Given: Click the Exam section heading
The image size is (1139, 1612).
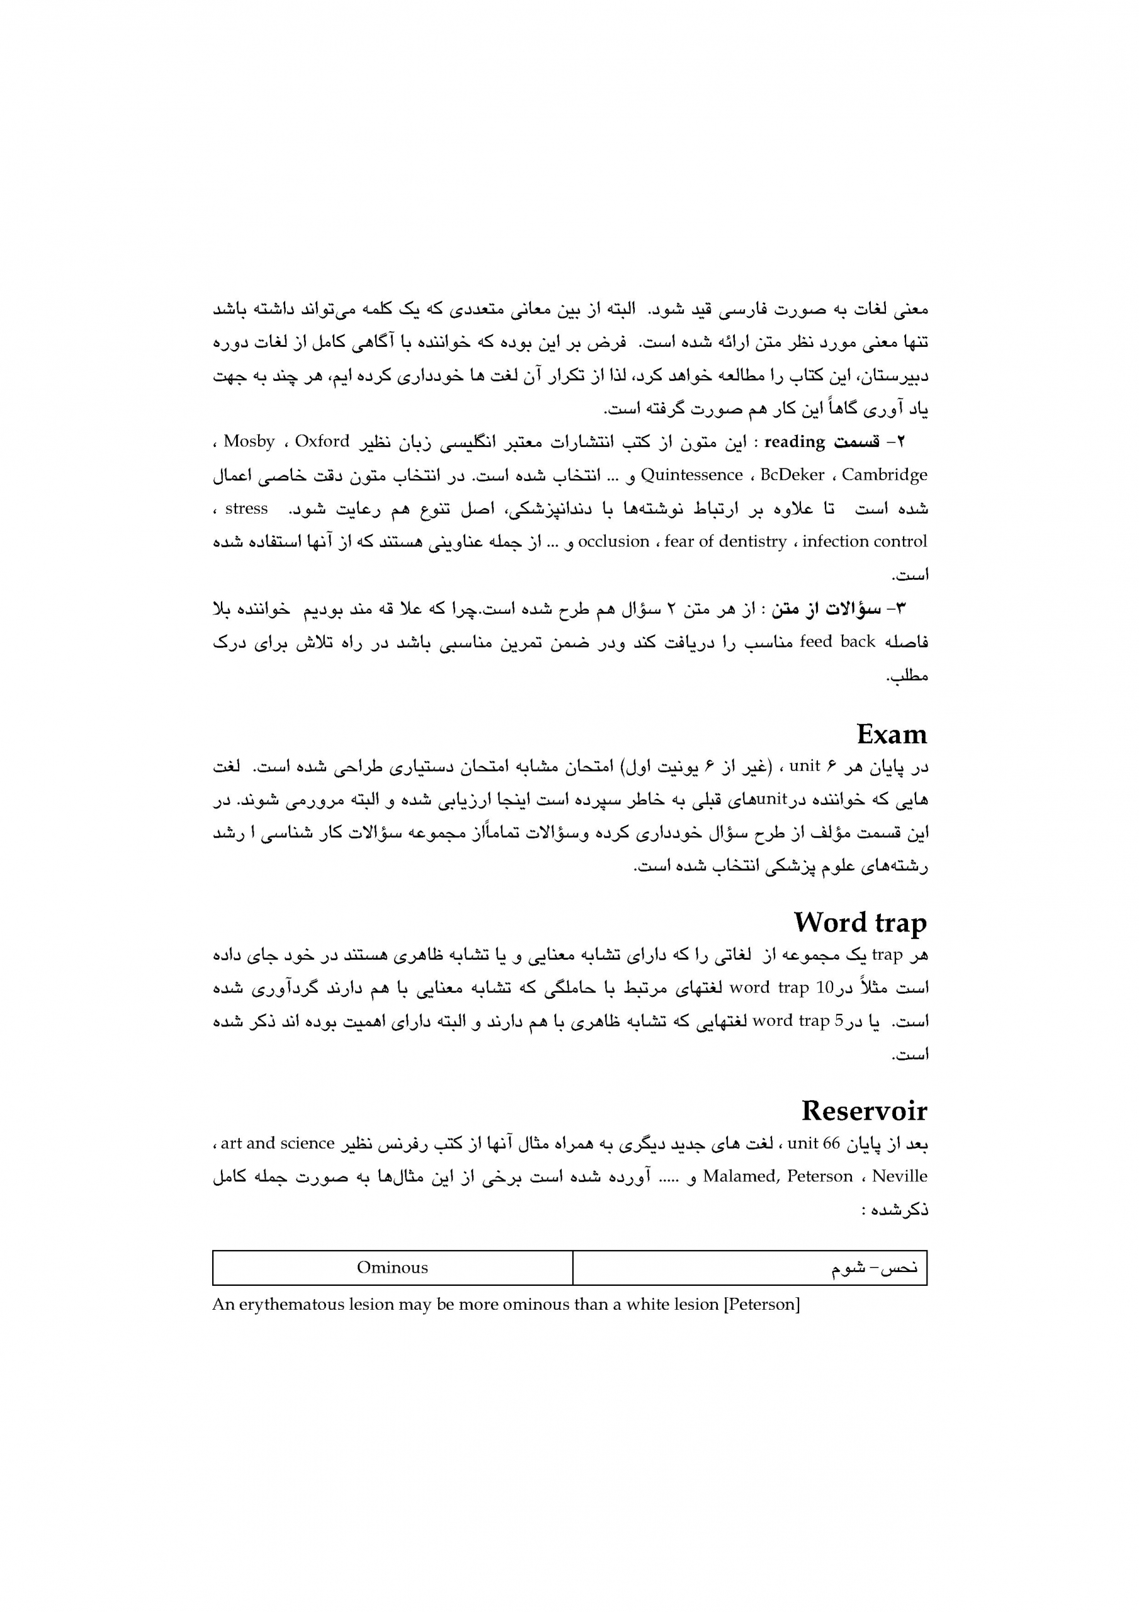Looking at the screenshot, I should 891,734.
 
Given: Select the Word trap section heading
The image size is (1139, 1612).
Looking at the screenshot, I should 859,922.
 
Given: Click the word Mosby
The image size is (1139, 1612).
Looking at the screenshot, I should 249,441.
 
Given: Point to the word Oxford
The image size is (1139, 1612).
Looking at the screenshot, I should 322,441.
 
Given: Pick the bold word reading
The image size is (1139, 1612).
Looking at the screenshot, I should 793,441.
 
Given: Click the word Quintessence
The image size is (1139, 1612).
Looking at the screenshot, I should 692,475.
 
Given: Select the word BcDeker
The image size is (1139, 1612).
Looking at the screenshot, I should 792,475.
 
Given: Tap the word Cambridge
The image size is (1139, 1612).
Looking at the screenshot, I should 884,475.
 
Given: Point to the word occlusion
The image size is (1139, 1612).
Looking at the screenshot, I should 613,542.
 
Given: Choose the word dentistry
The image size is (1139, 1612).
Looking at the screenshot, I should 751,542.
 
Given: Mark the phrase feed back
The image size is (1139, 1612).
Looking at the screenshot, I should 837,642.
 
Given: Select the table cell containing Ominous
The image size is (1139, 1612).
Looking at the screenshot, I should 392,1268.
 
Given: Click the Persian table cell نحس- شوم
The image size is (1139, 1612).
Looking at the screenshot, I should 750,1268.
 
